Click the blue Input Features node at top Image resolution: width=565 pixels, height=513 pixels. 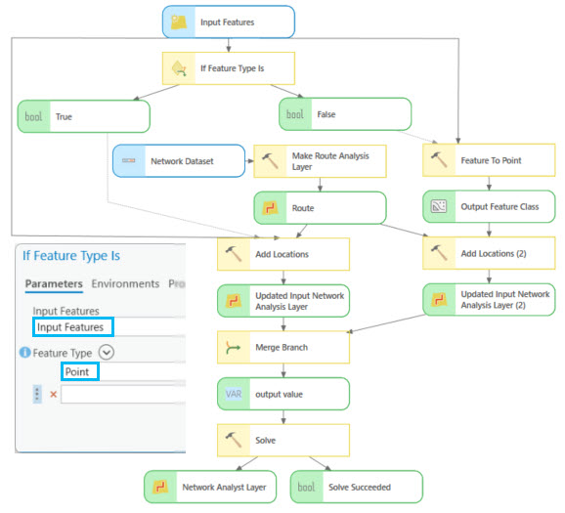click(x=228, y=21)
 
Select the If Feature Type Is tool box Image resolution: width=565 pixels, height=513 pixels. click(x=228, y=68)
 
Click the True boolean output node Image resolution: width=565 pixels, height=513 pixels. click(x=83, y=115)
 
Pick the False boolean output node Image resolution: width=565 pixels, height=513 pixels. click(x=344, y=114)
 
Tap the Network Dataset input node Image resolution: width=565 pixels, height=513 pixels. click(x=178, y=160)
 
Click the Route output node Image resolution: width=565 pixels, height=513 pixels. click(x=319, y=208)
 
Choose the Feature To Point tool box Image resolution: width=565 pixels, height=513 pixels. click(x=489, y=160)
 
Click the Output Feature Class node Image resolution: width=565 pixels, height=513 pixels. click(x=489, y=207)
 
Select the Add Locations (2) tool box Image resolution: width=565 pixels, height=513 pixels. click(x=489, y=254)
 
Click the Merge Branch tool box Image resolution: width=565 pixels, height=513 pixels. click(x=282, y=347)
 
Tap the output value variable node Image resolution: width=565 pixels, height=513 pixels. click(x=282, y=394)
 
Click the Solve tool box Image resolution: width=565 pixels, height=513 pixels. click(x=282, y=440)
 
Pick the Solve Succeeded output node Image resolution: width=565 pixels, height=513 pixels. click(x=356, y=486)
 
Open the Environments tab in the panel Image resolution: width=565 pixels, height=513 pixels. click(x=125, y=283)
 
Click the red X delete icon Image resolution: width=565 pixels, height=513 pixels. click(x=53, y=395)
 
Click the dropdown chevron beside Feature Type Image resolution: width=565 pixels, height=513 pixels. click(x=107, y=353)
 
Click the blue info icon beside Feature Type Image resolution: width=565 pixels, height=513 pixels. click(x=24, y=353)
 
